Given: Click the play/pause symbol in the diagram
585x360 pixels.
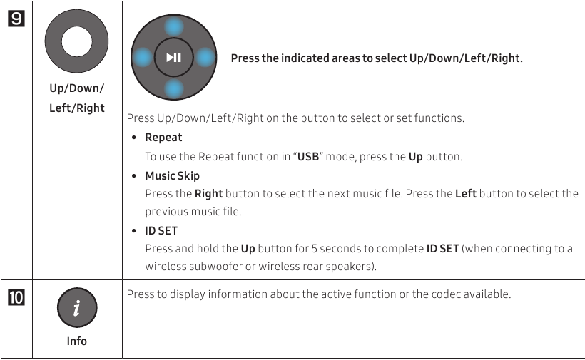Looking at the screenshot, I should click(173, 58).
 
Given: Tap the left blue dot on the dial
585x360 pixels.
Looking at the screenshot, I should click(143, 58).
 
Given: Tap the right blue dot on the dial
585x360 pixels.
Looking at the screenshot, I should click(203, 58).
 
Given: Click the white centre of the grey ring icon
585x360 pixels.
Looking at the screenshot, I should click(76, 41).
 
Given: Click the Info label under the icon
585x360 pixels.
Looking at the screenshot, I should click(76, 341).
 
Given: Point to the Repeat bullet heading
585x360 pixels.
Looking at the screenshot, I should click(163, 138).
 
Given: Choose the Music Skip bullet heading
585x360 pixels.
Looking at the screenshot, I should click(172, 175).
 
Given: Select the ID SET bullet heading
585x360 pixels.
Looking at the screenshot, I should click(161, 231).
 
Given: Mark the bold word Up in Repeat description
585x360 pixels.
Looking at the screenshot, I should click(415, 157).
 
